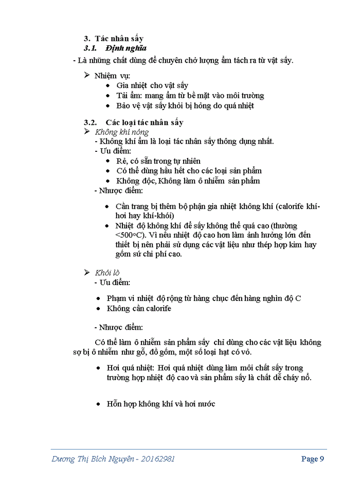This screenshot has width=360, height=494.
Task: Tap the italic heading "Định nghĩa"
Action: (126, 48)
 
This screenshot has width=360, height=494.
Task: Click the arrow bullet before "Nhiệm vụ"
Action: (87, 75)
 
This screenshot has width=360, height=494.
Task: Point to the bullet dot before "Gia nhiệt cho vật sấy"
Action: (107, 85)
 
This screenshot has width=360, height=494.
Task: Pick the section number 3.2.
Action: (91, 122)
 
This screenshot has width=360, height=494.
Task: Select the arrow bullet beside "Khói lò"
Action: (87, 272)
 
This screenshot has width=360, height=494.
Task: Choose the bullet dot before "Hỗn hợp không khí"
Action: (98, 404)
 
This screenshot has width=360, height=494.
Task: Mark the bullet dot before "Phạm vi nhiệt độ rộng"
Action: (98, 298)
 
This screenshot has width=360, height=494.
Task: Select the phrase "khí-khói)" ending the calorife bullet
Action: (159, 216)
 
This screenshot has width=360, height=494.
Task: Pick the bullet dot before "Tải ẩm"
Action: (107, 96)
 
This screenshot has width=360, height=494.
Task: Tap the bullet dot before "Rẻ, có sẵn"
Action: (107, 161)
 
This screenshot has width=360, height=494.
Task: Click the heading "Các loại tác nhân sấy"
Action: (145, 122)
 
